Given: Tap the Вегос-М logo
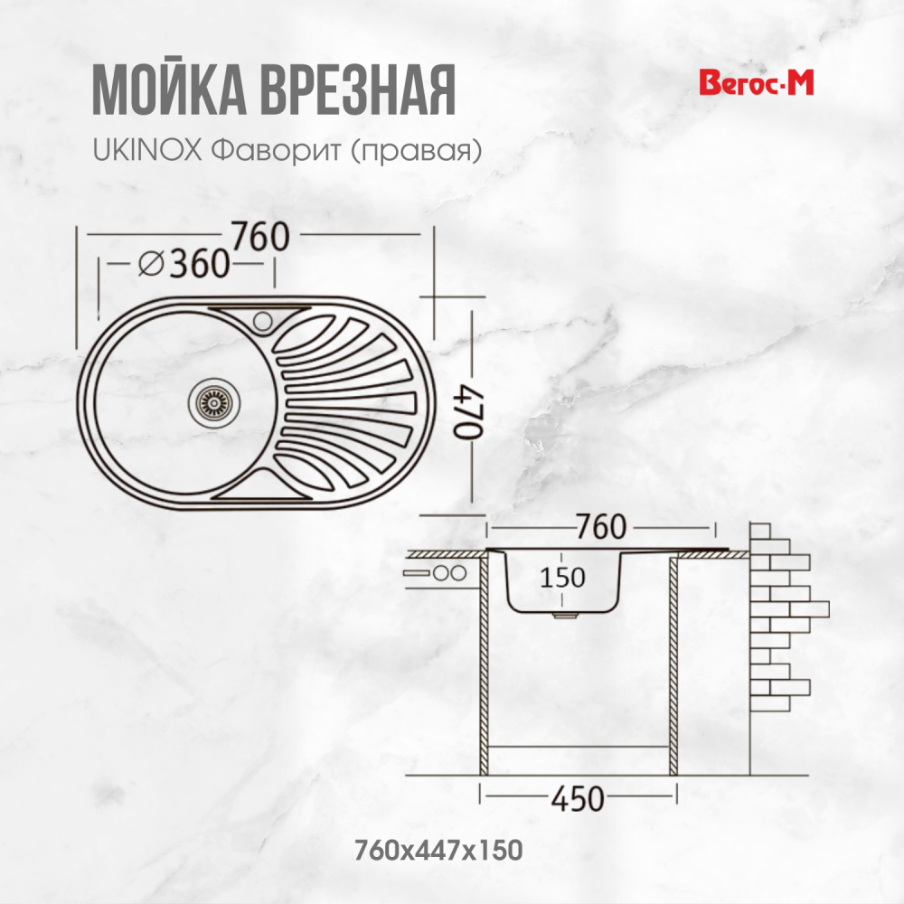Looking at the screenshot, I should coord(758,83).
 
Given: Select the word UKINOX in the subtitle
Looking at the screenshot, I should coord(146,150).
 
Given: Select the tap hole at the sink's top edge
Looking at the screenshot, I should coord(263,319).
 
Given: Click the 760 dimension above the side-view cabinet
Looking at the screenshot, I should coord(599,525).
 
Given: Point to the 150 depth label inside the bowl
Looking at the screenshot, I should coord(563,576).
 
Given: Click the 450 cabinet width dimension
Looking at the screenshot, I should coord(576,798).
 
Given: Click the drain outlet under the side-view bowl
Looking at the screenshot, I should coord(565,615).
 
